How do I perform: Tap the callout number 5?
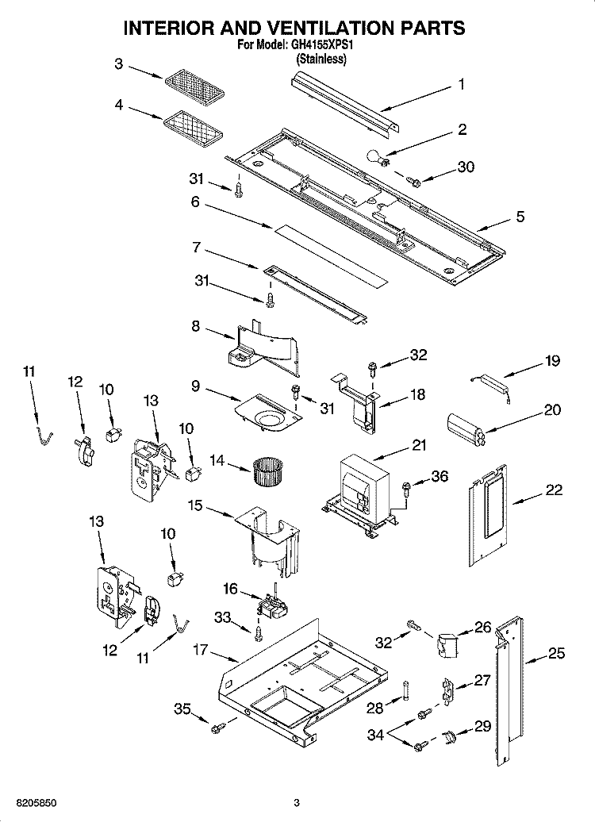click(520, 215)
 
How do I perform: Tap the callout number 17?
click(200, 649)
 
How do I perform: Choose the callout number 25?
click(556, 653)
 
